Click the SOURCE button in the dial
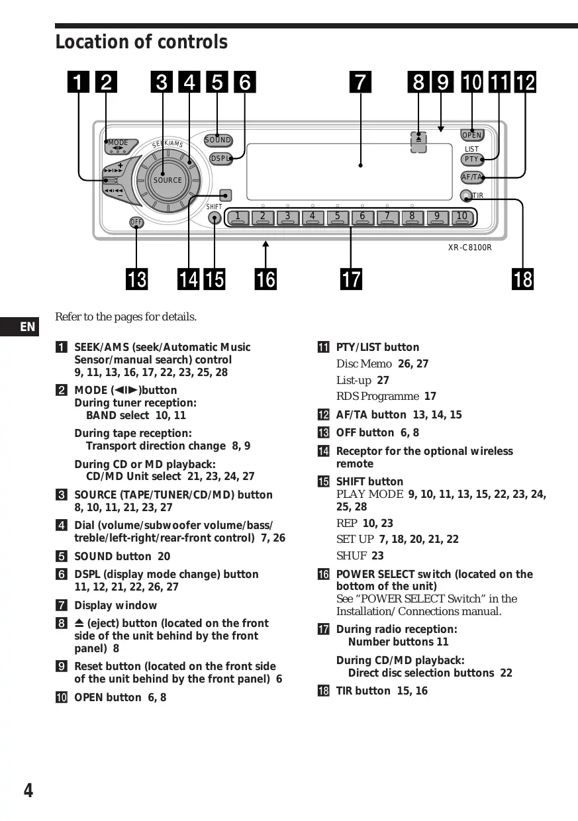[x=168, y=180]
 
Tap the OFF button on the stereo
[x=136, y=222]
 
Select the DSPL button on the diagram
[x=220, y=159]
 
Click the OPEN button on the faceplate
[x=472, y=135]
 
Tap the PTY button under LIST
[x=472, y=160]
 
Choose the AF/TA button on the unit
[x=472, y=177]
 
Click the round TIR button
[x=466, y=195]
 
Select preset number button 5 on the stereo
[x=337, y=217]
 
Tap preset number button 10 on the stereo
[x=462, y=217]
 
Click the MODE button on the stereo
[x=120, y=146]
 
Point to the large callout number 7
[x=360, y=81]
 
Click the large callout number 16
[x=265, y=279]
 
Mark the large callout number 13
[x=136, y=279]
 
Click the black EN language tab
[x=19, y=326]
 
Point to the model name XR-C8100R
[x=469, y=248]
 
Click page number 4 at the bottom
[x=28, y=791]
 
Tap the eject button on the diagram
[x=418, y=142]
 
